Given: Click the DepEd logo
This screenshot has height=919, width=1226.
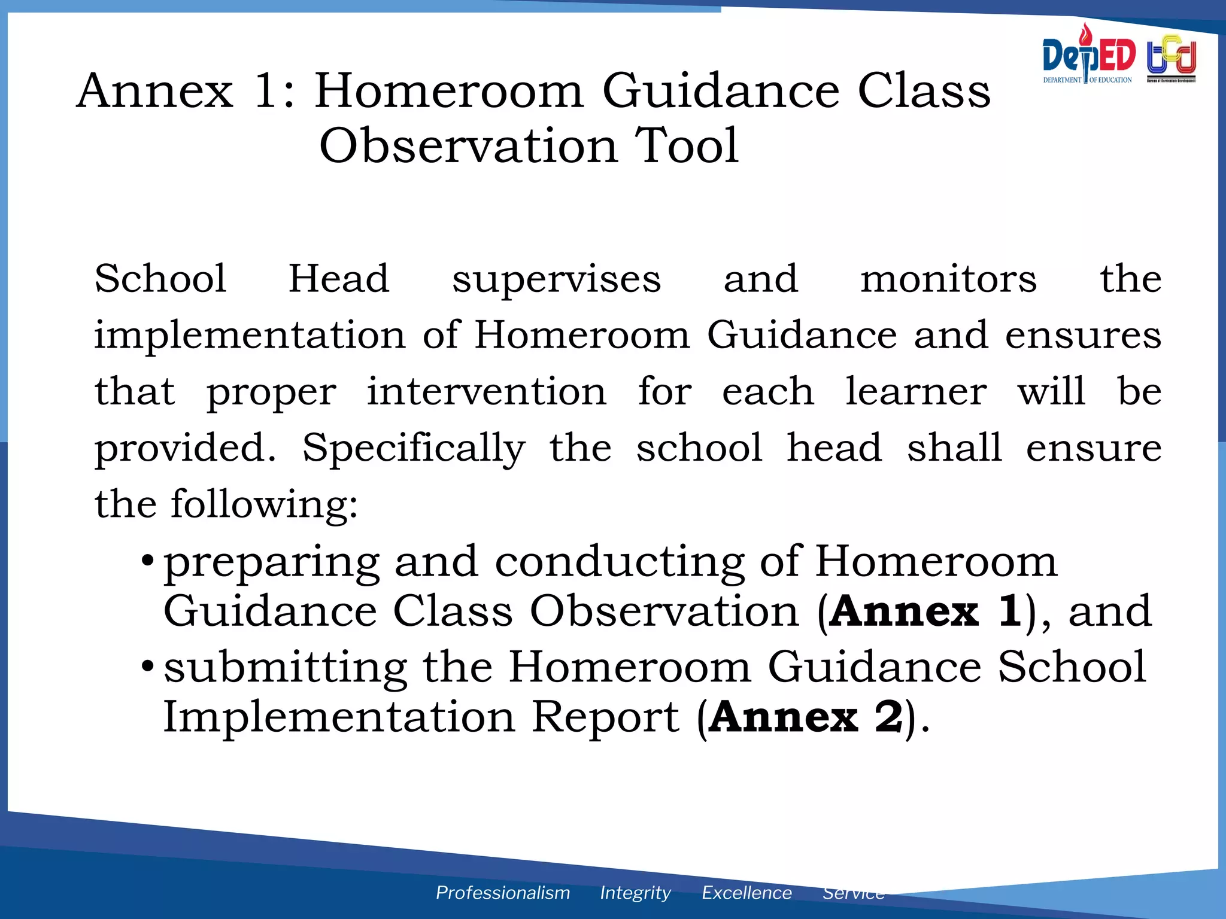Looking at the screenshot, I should tap(1088, 55).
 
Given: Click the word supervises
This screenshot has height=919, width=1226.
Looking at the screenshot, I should tap(556, 280).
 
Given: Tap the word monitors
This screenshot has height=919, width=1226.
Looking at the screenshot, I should tap(948, 279).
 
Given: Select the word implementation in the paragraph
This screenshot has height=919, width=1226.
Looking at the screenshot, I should tap(250, 335).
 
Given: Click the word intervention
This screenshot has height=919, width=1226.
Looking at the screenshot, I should tap(486, 391).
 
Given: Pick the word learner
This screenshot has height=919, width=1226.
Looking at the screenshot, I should tap(915, 391).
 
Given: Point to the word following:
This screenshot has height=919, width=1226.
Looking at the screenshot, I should tap(264, 504).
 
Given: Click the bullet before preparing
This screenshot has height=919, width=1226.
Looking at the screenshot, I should tap(147, 562).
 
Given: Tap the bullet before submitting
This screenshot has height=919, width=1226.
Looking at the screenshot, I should tap(147, 666).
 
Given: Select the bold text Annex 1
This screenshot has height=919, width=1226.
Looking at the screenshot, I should tap(925, 611).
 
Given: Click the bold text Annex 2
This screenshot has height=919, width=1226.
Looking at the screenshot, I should tap(806, 717).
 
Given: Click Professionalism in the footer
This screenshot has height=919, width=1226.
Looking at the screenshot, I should tap(503, 893).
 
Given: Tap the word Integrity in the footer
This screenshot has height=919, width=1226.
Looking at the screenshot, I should tap(635, 893).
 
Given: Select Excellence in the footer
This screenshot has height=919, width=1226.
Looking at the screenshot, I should tap(746, 893).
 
